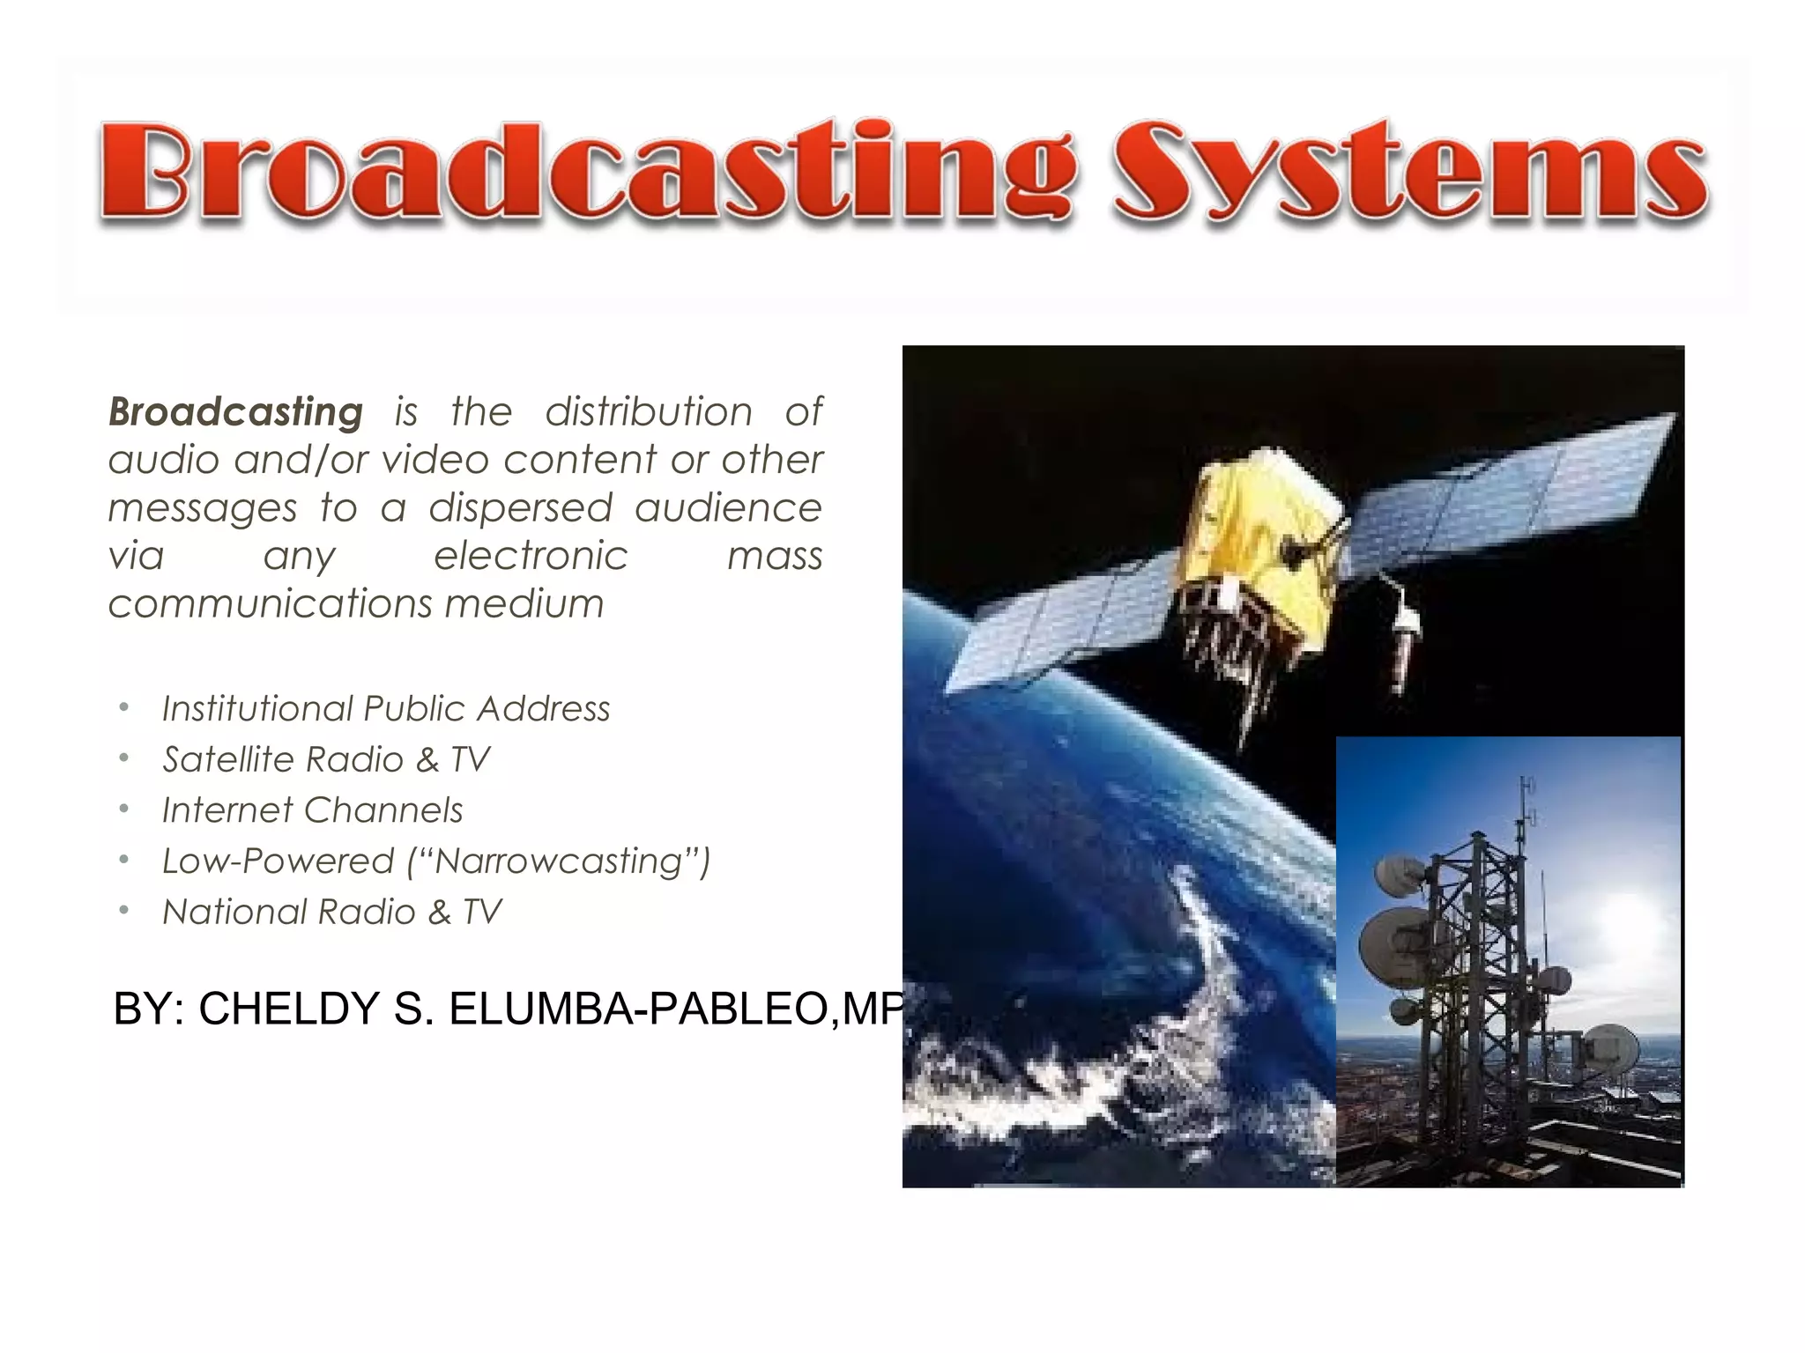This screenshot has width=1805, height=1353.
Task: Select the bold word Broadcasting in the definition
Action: (x=235, y=412)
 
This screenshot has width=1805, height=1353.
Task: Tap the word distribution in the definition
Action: (x=649, y=412)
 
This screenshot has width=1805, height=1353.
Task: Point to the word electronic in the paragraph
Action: (x=531, y=556)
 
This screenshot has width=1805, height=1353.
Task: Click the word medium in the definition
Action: (x=524, y=604)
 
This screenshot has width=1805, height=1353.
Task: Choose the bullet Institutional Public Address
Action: (x=386, y=709)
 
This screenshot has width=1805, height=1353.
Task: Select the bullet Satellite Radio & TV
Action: (x=326, y=759)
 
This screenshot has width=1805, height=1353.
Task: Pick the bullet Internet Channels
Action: (x=313, y=810)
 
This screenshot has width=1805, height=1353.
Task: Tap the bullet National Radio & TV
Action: (x=332, y=913)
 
